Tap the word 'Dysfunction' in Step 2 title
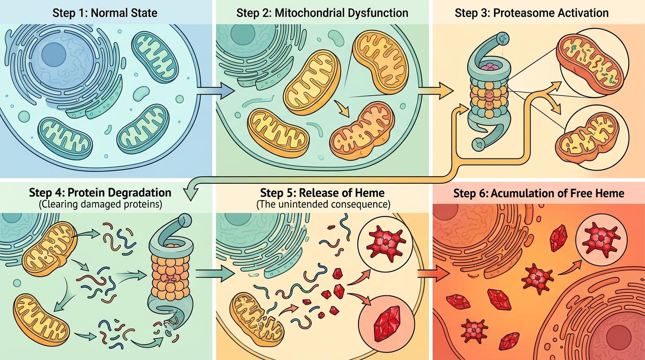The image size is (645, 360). pyautogui.click(x=377, y=12)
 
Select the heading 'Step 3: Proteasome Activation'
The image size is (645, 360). pyautogui.click(x=532, y=12)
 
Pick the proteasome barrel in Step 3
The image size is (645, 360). pyautogui.click(x=489, y=96)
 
